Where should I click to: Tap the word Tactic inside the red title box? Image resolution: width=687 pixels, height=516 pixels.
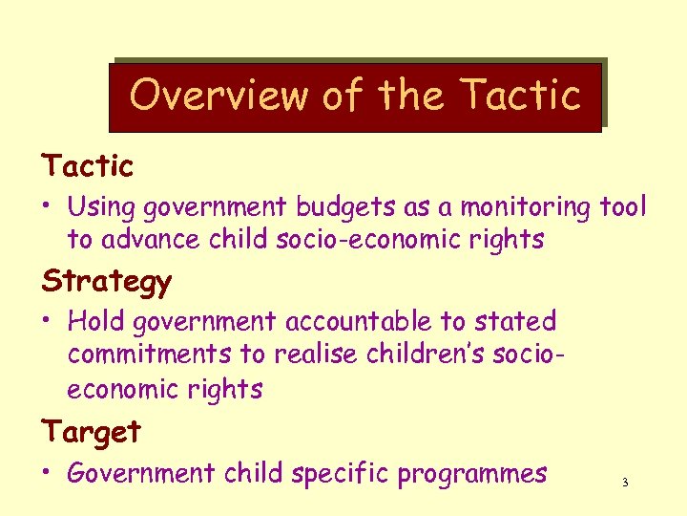point(520,96)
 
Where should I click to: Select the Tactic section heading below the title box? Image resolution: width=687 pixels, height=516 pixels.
point(88,166)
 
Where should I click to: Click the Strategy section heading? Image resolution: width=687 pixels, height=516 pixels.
point(107,282)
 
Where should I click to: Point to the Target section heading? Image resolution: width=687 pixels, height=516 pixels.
point(92,431)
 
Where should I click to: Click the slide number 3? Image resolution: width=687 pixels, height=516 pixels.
point(625,483)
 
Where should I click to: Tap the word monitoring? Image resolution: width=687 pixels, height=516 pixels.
point(523,206)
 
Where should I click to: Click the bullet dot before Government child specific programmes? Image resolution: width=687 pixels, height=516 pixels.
point(48,474)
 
